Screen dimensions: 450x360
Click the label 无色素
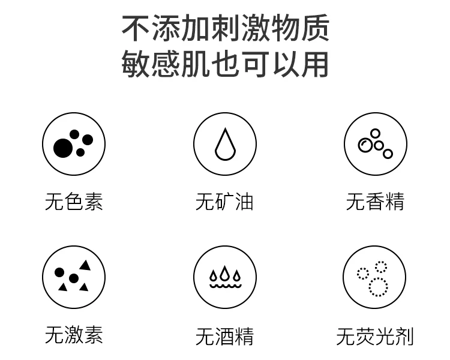[x=74, y=202]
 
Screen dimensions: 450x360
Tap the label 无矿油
[x=224, y=202]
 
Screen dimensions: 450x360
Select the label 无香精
[x=375, y=202]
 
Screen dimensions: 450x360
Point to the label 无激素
[x=74, y=335]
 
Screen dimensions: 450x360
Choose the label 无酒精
[x=224, y=337]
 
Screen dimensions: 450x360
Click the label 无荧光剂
[x=375, y=337]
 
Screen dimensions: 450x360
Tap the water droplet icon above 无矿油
[x=224, y=145]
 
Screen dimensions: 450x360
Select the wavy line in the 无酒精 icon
[x=224, y=286]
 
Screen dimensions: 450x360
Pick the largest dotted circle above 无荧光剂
[x=378, y=287]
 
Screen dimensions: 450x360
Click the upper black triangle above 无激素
[x=85, y=265]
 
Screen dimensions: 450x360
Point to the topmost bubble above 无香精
[x=376, y=133]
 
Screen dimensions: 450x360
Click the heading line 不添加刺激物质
[x=226, y=29]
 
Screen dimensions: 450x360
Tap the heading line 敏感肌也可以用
[x=226, y=64]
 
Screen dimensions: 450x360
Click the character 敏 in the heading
[x=135, y=64]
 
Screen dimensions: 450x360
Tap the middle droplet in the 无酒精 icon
[x=224, y=274]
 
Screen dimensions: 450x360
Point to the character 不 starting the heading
[x=136, y=29]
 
